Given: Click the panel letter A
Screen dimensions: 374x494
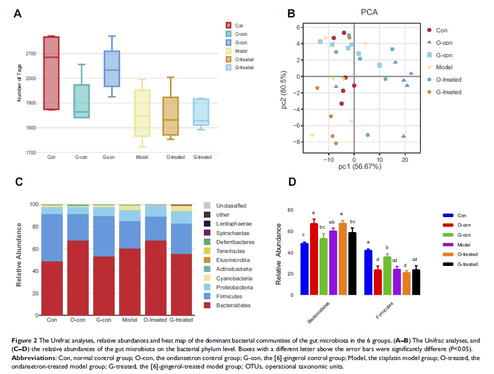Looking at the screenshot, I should click(17, 14).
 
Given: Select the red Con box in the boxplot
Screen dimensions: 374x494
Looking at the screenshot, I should click(51, 73).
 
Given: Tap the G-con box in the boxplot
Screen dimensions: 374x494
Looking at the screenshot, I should click(112, 69).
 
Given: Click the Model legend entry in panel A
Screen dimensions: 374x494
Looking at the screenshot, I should click(240, 51).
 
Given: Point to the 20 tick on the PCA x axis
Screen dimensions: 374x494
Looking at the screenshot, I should click(405, 160).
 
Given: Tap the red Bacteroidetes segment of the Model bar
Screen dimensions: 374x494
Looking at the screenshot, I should click(129, 281).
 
